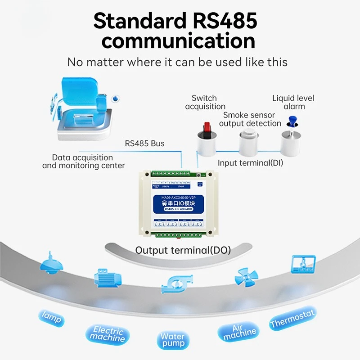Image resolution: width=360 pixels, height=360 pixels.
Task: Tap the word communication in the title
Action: click(179, 41)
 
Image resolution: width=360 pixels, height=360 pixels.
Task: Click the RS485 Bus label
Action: click(144, 144)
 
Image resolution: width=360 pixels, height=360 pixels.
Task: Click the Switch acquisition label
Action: click(205, 102)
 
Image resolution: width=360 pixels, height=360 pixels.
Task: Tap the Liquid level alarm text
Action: click(293, 102)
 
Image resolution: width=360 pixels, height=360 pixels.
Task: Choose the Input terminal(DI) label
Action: click(250, 163)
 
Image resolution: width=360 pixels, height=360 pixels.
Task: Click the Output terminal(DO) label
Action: click(183, 250)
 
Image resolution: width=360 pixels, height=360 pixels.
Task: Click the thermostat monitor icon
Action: click(301, 263)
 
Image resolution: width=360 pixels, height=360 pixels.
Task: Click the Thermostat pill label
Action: click(293, 318)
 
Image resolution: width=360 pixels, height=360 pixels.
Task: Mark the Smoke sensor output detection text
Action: click(252, 119)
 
